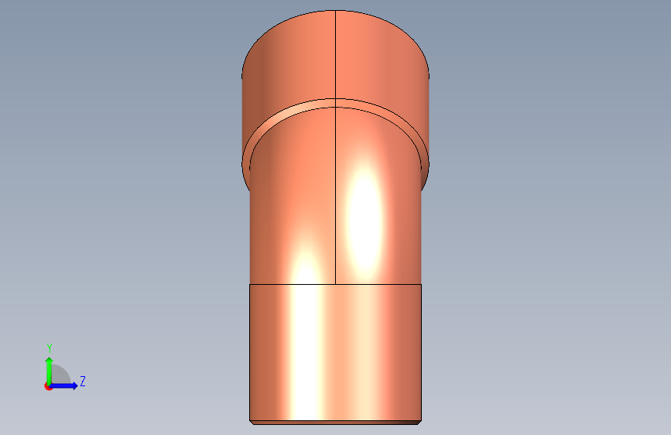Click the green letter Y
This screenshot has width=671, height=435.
click(50, 348)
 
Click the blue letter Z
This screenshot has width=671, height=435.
click(83, 381)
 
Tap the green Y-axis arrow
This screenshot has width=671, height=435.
click(50, 371)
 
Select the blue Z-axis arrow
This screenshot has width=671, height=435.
click(63, 385)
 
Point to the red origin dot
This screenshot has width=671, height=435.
click(48, 386)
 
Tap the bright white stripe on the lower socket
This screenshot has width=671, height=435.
click(306, 352)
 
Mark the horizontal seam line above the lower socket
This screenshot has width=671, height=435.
click(336, 284)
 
